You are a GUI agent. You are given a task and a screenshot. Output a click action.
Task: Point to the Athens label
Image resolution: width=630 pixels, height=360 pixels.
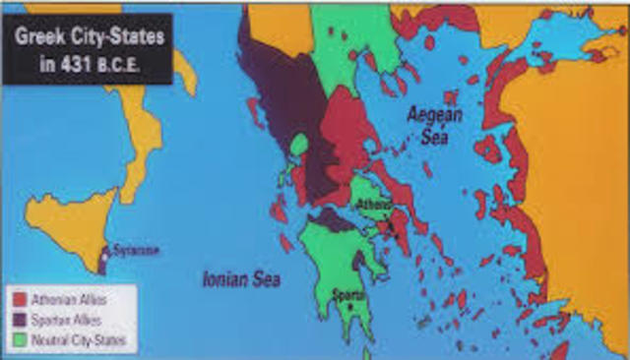(x=374, y=204)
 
